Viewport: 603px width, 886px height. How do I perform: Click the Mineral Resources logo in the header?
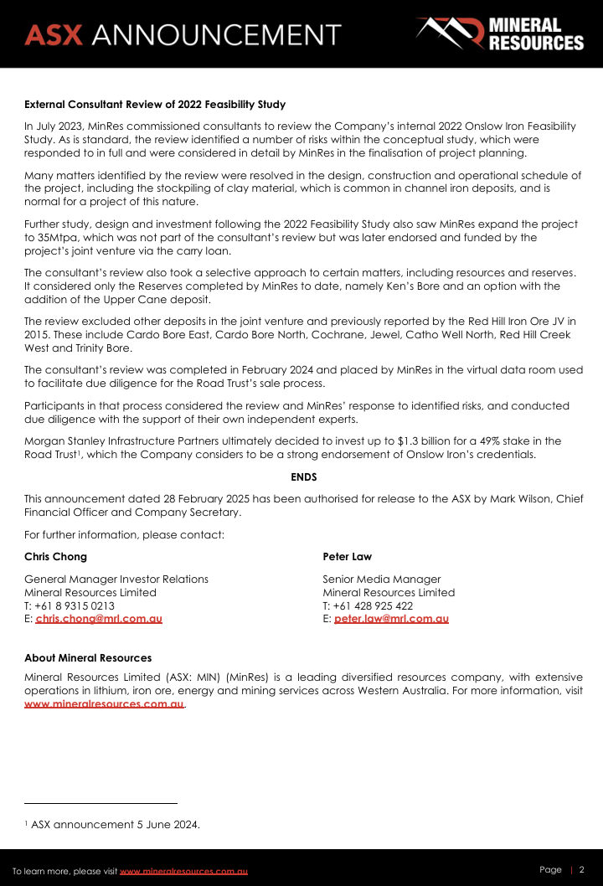pyautogui.click(x=499, y=34)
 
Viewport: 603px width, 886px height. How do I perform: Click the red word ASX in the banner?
pyautogui.click(x=54, y=34)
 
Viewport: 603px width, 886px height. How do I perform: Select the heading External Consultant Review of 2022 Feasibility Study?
pyautogui.click(x=155, y=105)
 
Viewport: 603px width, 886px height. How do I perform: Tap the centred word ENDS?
pyautogui.click(x=304, y=476)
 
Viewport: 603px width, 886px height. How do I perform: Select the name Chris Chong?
pyautogui.click(x=55, y=557)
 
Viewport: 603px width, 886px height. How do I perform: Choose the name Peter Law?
pyautogui.click(x=347, y=557)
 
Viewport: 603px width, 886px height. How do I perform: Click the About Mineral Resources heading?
pyautogui.click(x=88, y=658)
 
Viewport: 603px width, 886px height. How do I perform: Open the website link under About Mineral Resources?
pyautogui.click(x=104, y=704)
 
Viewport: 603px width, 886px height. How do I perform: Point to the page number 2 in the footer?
pyautogui.click(x=582, y=870)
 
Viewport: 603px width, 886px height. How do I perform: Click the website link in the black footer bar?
pyautogui.click(x=183, y=872)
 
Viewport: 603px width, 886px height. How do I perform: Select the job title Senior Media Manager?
pyautogui.click(x=381, y=579)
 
